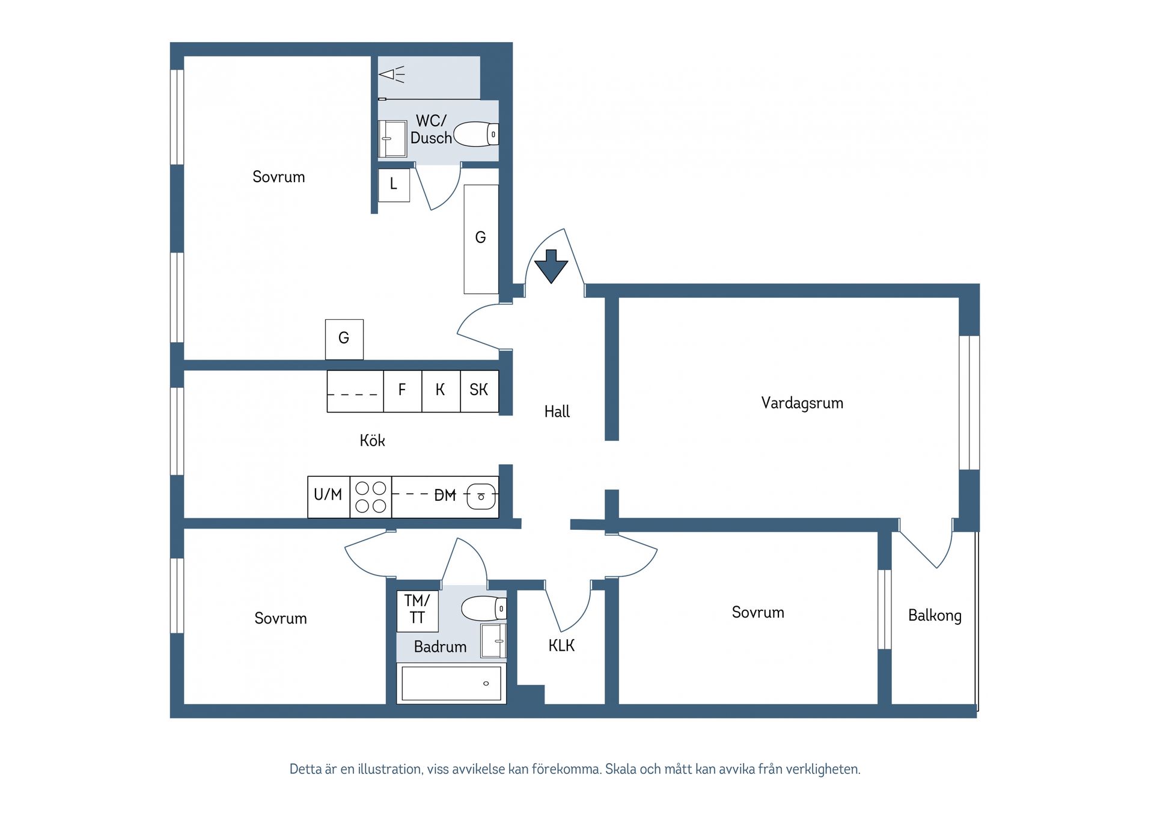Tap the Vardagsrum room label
pyautogui.click(x=802, y=403)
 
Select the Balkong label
pyautogui.click(x=935, y=616)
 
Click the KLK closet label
pyautogui.click(x=561, y=646)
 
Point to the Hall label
pyautogui.click(x=557, y=412)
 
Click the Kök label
pyautogui.click(x=372, y=441)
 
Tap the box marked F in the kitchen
pyautogui.click(x=402, y=391)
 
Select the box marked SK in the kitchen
pyautogui.click(x=479, y=391)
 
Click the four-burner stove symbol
pyautogui.click(x=370, y=497)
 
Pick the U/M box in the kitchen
pyautogui.click(x=328, y=496)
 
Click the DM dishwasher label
pyautogui.click(x=445, y=495)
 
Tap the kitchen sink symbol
pyautogui.click(x=481, y=496)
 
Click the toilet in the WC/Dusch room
pyautogui.click(x=475, y=134)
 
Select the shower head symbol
pyautogui.click(x=391, y=75)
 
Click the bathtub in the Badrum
pyautogui.click(x=451, y=683)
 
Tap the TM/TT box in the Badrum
pyautogui.click(x=417, y=610)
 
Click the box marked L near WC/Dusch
pyautogui.click(x=394, y=185)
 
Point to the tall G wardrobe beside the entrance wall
pyautogui.click(x=481, y=239)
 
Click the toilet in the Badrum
pyautogui.click(x=483, y=609)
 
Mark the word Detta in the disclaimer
pyautogui.click(x=305, y=769)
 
